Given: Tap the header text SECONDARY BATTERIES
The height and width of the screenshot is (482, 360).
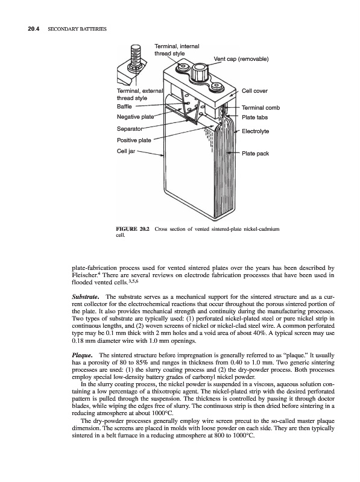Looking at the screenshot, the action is (x=77, y=29).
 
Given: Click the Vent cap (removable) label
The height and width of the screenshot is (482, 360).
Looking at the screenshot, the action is (x=241, y=59).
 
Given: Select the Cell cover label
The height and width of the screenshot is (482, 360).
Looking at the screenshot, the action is (x=254, y=91).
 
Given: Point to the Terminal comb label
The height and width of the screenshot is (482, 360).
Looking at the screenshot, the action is (x=261, y=108).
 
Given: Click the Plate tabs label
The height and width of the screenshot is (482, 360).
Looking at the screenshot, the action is (x=254, y=117).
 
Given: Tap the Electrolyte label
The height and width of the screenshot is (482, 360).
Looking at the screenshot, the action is (x=255, y=131).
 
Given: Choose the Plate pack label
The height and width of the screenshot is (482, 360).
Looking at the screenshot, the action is (x=255, y=154).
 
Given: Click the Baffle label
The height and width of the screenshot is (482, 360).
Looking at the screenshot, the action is (x=124, y=107).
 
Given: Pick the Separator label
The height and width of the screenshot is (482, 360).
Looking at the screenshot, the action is (x=130, y=128).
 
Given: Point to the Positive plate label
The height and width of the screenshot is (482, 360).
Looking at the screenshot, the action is (x=134, y=140).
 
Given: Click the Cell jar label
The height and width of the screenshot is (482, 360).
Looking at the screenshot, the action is (x=126, y=151).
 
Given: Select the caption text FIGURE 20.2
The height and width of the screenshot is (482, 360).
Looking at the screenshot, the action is (x=132, y=229).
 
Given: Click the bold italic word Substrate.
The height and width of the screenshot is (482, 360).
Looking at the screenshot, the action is (x=86, y=297).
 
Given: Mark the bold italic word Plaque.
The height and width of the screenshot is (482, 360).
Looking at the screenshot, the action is (x=82, y=355).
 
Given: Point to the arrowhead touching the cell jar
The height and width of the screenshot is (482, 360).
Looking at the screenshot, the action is (x=162, y=155).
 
